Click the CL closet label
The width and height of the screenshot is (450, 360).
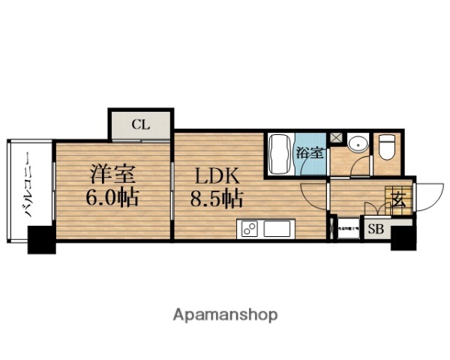click(x=141, y=124)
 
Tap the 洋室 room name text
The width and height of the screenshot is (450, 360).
click(x=112, y=175)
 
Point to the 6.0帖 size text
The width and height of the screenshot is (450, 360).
click(x=114, y=199)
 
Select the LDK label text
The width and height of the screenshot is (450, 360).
click(x=217, y=176)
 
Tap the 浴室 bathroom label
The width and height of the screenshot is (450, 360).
click(x=310, y=153)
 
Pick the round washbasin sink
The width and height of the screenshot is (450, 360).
click(x=358, y=143)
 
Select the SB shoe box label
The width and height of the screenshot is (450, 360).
click(x=375, y=229)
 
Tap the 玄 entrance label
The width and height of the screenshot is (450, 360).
click(x=397, y=199)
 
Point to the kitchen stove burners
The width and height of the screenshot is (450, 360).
click(x=249, y=228)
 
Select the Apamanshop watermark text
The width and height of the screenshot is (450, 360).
click(x=224, y=314)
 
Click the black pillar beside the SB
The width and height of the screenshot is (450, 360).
click(x=403, y=238)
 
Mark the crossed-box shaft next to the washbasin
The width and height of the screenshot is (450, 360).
click(x=337, y=138)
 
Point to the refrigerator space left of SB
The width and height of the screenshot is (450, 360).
click(x=347, y=229)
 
